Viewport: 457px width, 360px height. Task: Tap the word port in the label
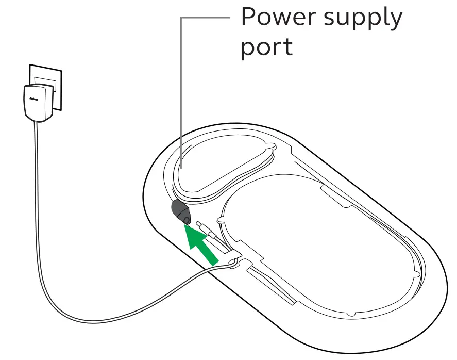pyautogui.click(x=266, y=48)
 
